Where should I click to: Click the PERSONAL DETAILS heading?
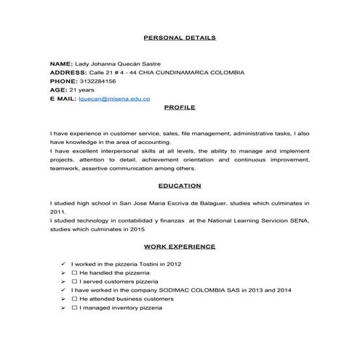(180, 37)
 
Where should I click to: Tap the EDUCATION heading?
(180, 185)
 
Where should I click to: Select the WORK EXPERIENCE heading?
(180, 247)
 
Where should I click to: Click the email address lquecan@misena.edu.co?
(114, 97)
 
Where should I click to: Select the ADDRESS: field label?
(68, 73)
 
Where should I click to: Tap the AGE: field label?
(58, 89)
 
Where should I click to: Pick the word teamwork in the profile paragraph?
(64, 168)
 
